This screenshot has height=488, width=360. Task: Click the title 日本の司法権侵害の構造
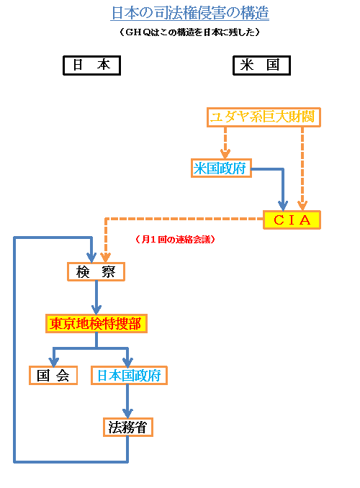190,13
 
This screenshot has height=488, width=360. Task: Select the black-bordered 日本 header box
91,65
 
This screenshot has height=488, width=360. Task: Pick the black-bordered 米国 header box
261,65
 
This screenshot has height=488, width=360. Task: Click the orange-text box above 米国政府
262,117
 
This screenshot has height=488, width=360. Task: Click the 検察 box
96,271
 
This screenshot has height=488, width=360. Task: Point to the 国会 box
53,375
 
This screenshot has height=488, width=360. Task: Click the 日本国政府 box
128,375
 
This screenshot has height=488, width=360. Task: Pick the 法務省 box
127,427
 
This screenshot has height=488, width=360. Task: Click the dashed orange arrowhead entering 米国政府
225,153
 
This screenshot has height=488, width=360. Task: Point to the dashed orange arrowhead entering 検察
105,257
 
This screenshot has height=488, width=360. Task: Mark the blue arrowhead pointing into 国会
53,361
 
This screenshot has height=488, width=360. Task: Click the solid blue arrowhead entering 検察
91,257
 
